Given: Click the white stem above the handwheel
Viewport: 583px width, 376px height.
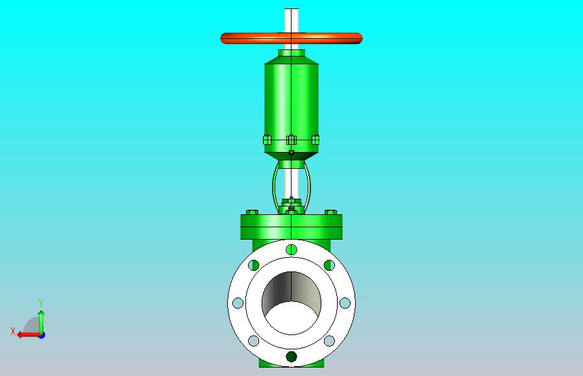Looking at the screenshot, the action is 291,20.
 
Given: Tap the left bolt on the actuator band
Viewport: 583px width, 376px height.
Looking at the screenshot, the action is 267,140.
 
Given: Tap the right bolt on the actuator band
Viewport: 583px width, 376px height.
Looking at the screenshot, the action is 316,140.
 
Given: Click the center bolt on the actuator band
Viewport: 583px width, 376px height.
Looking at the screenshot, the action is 291,140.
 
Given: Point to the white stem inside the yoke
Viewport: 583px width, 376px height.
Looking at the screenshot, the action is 291,183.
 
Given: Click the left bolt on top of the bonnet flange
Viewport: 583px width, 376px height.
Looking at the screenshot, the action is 252,212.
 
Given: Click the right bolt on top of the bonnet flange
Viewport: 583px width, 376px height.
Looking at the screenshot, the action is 331,212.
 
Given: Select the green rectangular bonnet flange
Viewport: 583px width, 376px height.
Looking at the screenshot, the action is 291,227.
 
